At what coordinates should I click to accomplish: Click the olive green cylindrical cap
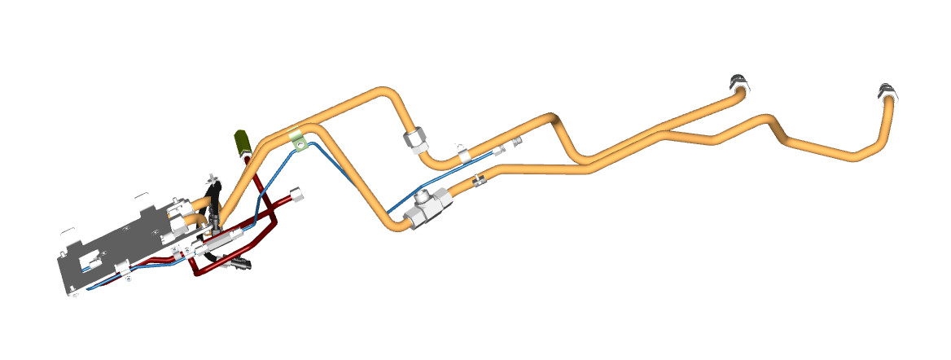tap(242, 143)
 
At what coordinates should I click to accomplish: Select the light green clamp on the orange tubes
tap(299, 141)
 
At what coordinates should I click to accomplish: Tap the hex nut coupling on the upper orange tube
tap(415, 141)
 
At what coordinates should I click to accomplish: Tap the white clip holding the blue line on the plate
tap(122, 269)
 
